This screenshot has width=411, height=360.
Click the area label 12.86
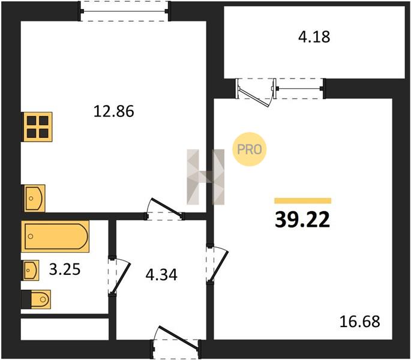click(x=114, y=111)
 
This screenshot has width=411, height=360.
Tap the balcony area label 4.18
click(x=314, y=37)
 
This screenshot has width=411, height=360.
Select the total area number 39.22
click(x=302, y=220)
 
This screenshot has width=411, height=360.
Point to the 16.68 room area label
click(x=359, y=322)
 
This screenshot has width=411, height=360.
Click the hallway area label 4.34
click(x=161, y=275)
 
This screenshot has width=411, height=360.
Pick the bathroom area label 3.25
click(x=65, y=269)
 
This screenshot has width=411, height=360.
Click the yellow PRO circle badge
click(x=249, y=149)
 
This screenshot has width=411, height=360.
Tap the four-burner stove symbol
click(x=37, y=127)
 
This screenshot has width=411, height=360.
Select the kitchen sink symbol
click(x=34, y=198)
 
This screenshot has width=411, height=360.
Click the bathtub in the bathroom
click(x=55, y=236)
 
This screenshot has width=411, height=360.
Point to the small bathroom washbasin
click(x=31, y=270)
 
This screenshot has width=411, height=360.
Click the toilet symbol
click(x=36, y=299)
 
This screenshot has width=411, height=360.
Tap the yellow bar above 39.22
click(x=303, y=200)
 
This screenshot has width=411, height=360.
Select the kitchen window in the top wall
click(x=124, y=11)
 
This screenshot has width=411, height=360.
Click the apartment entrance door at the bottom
click(x=176, y=343)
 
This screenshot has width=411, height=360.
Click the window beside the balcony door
click(x=299, y=89)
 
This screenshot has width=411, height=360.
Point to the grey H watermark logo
click(x=205, y=177)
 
